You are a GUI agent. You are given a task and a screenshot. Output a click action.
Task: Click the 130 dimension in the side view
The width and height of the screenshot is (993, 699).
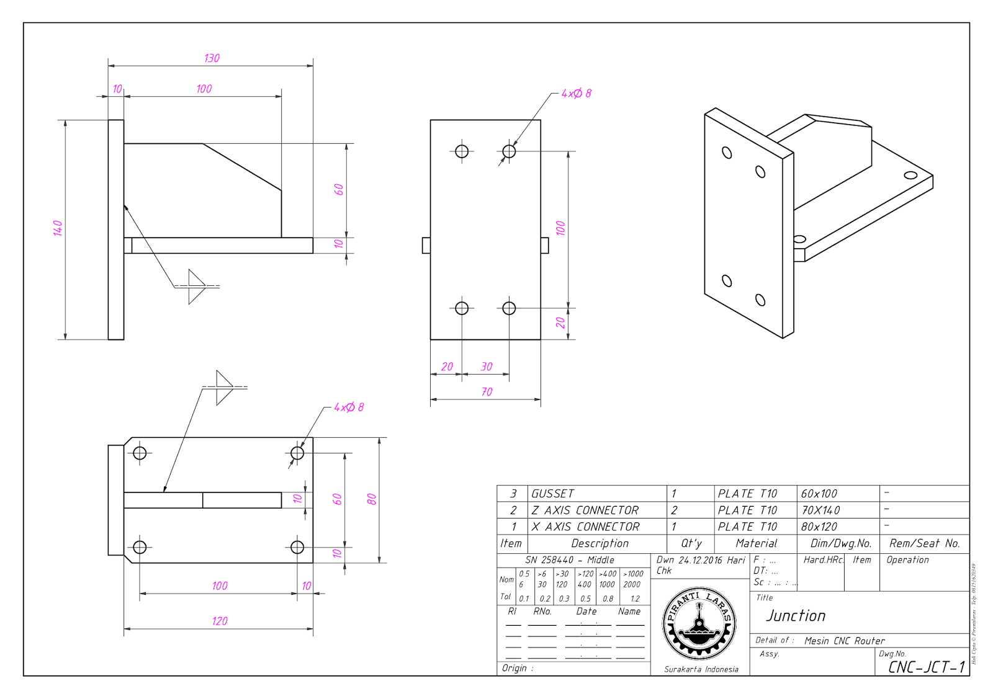point(212,58)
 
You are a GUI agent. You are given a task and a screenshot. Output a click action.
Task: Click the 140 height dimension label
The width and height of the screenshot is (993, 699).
point(58,228)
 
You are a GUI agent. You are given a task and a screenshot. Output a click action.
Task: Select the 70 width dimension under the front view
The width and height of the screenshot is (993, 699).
point(487,392)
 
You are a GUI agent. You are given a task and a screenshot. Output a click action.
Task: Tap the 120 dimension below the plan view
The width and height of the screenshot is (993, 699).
point(220,621)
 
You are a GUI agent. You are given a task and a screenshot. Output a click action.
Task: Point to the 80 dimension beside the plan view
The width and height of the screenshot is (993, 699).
point(371,499)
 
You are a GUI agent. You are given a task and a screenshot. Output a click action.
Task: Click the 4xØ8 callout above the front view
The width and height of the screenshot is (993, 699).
point(576,94)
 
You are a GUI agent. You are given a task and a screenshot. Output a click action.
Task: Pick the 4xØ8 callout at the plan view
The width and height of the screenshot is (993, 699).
point(349,407)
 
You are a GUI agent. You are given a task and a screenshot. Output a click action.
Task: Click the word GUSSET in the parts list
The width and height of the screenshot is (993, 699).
point(552,494)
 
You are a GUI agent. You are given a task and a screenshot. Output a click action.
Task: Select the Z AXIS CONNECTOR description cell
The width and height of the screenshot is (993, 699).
point(585,510)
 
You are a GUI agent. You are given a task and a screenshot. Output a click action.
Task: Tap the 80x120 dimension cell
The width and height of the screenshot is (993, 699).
point(819,527)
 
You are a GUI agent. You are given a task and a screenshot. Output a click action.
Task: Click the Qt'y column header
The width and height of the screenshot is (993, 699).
point(691,544)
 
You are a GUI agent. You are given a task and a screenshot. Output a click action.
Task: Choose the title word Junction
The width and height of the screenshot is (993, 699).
point(796,616)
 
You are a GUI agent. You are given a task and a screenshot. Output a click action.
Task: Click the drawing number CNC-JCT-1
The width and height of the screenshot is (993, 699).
point(926,667)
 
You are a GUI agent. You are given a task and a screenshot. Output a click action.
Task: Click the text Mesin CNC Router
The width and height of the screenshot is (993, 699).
point(844,641)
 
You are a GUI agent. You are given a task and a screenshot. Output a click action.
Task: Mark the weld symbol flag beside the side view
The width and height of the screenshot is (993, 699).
point(197,287)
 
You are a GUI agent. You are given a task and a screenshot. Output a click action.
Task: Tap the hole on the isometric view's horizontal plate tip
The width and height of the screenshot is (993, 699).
point(910,175)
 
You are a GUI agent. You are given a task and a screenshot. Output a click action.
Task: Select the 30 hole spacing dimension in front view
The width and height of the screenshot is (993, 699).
point(486,367)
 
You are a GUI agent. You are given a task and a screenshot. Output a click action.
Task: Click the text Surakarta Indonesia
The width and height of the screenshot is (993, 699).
point(701,669)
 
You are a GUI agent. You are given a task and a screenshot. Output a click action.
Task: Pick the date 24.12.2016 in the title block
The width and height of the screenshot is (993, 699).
point(699,560)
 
